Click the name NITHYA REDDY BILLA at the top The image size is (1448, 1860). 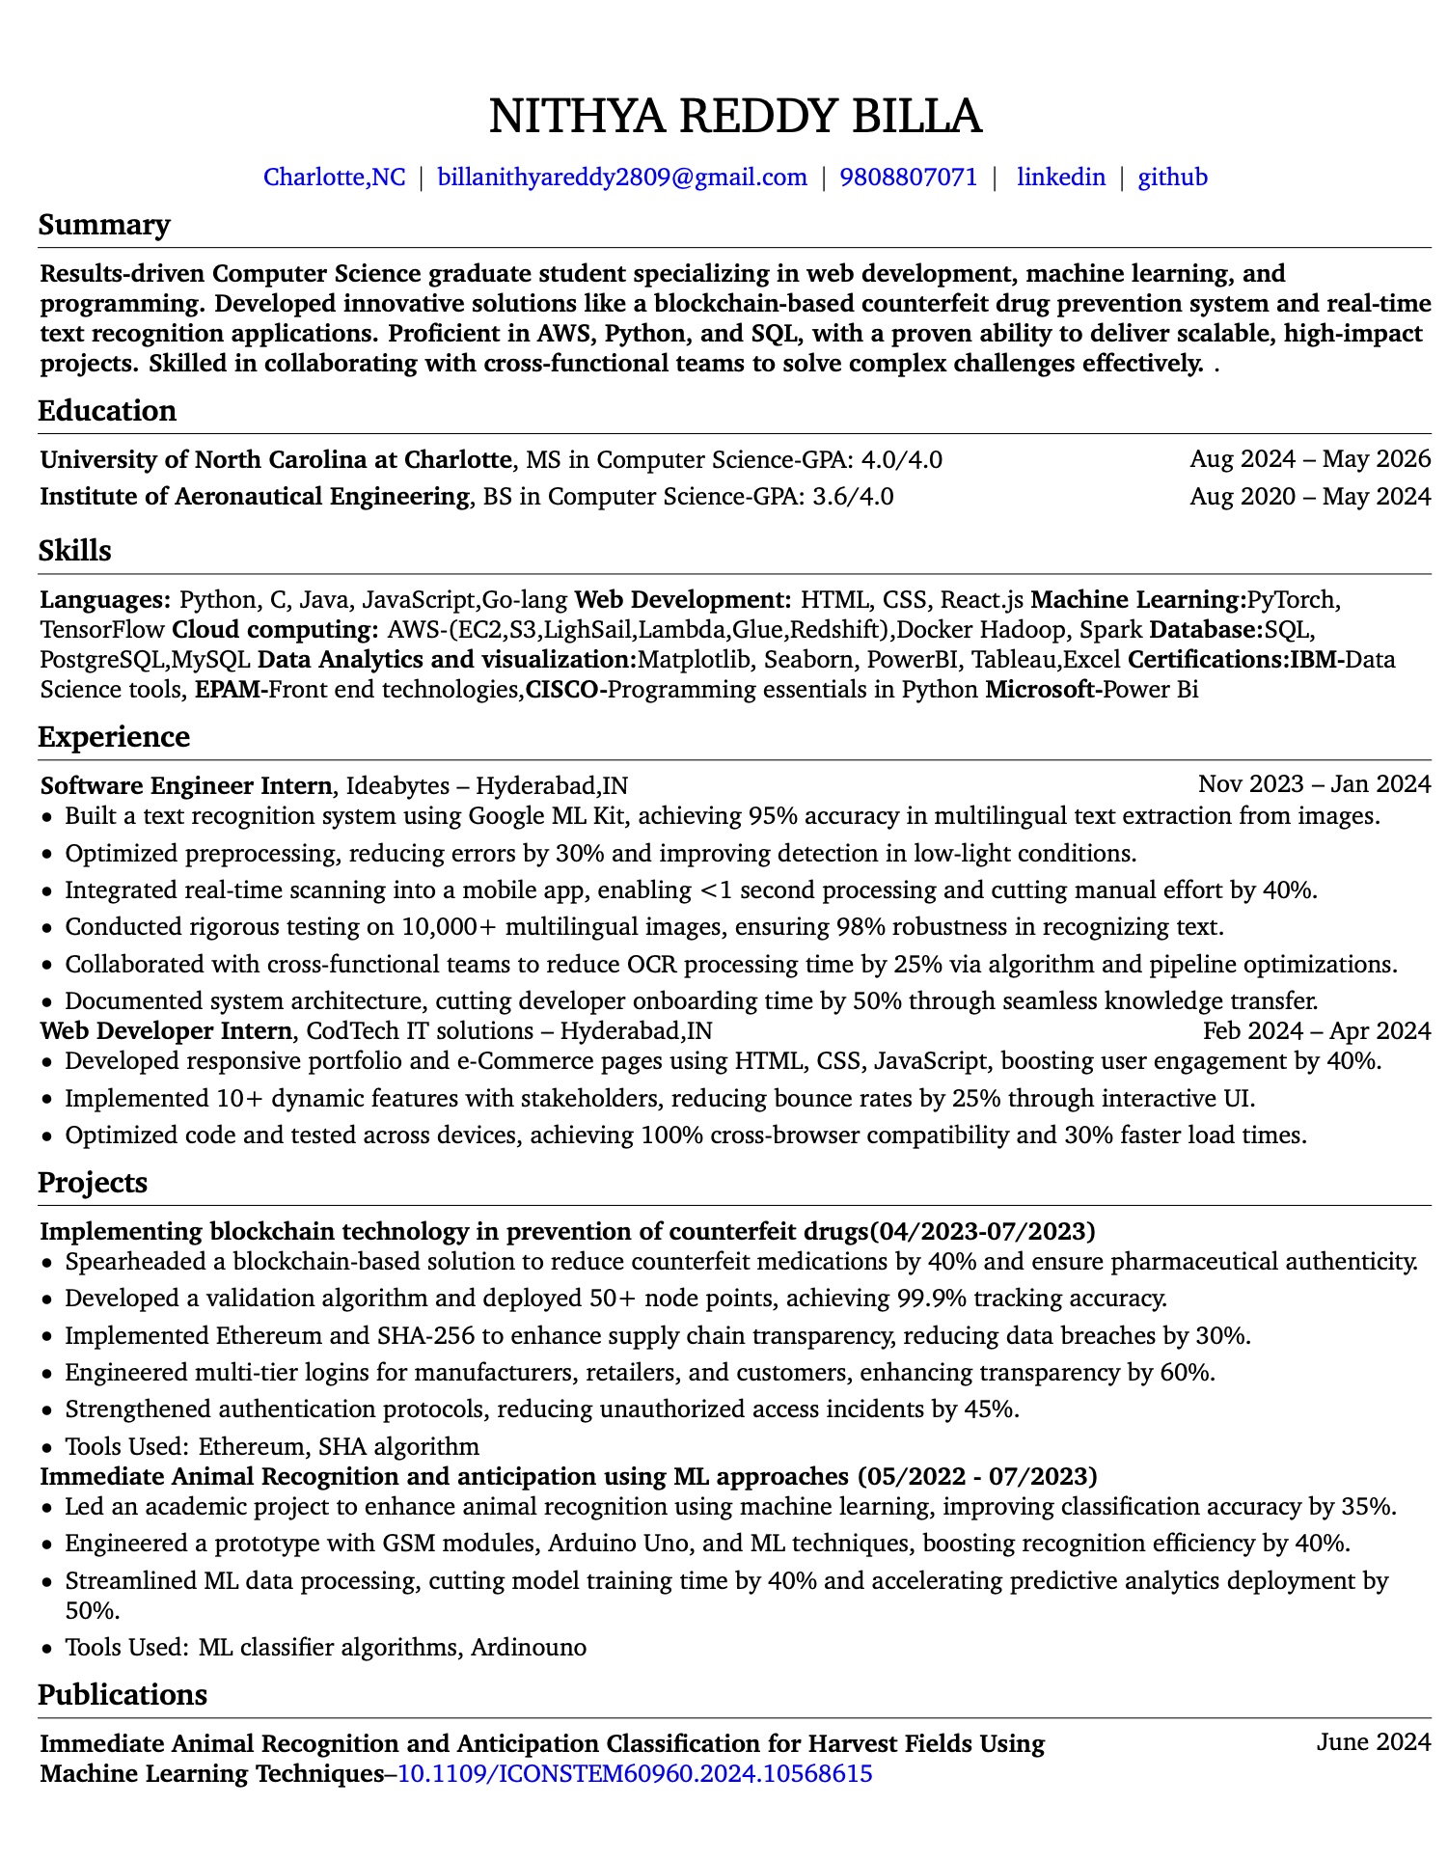click(735, 116)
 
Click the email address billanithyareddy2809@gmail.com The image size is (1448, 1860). click(622, 178)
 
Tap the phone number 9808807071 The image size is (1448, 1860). click(908, 178)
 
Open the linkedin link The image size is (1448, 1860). click(1061, 178)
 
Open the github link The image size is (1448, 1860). click(1172, 178)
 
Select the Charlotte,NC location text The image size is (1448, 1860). click(335, 178)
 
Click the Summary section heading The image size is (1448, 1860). click(104, 225)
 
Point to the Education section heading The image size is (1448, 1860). click(107, 411)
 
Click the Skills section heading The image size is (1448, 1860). click(75, 551)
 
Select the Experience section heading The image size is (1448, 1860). click(114, 737)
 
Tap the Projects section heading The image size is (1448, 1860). click(93, 1183)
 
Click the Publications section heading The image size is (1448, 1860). click(122, 1695)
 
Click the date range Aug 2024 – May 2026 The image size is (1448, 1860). click(1310, 459)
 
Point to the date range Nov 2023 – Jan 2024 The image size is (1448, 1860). click(1314, 784)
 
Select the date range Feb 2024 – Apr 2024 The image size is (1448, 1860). click(1316, 1031)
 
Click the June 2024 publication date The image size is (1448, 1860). click(1373, 1741)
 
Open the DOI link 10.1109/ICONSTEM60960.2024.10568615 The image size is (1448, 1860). click(635, 1773)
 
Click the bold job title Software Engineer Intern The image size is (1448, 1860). click(186, 785)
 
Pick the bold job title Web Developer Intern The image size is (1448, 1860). click(165, 1031)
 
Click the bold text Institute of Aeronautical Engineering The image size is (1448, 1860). click(255, 497)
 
